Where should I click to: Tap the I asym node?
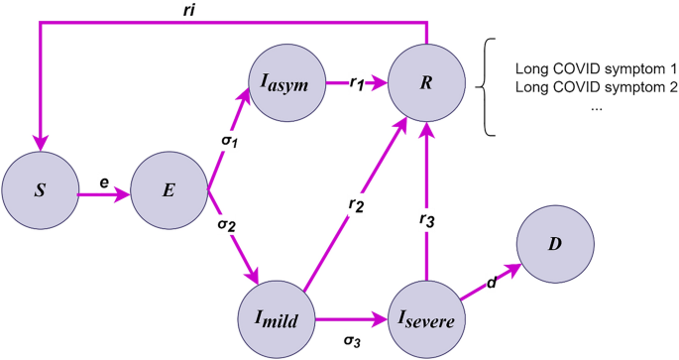coord(286,85)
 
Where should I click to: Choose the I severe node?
coord(426,319)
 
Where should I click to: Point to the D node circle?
coord(555,244)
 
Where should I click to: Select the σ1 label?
coord(229,141)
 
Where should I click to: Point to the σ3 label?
coord(352,342)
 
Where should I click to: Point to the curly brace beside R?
coord(486,87)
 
